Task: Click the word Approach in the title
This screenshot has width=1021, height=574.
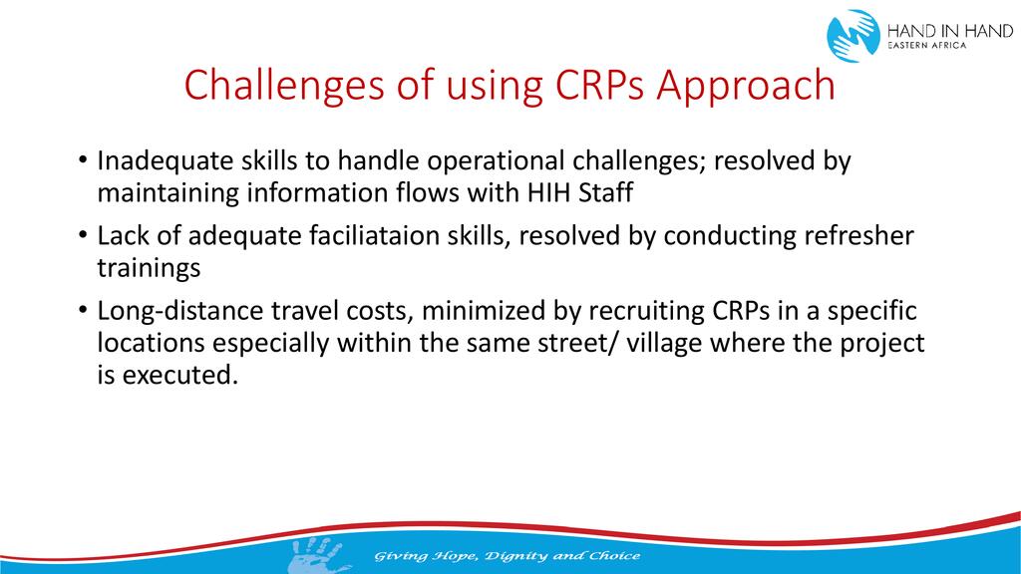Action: (746, 86)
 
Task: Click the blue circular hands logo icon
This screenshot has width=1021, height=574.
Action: (853, 35)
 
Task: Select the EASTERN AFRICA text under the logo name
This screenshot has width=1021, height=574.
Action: (927, 46)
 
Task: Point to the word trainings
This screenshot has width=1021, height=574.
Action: (150, 268)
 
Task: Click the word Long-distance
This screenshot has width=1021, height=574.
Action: (180, 311)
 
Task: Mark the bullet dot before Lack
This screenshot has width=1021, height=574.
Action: (82, 234)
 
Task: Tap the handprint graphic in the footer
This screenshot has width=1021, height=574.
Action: (317, 554)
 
